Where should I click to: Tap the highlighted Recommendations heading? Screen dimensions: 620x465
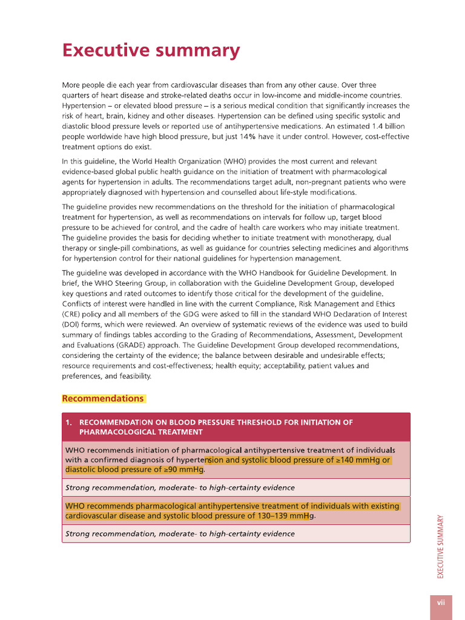point(103,398)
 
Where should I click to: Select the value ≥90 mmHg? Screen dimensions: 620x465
point(180,470)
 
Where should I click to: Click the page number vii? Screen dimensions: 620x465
point(441,602)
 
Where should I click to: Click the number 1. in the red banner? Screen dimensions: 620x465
point(69,422)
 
